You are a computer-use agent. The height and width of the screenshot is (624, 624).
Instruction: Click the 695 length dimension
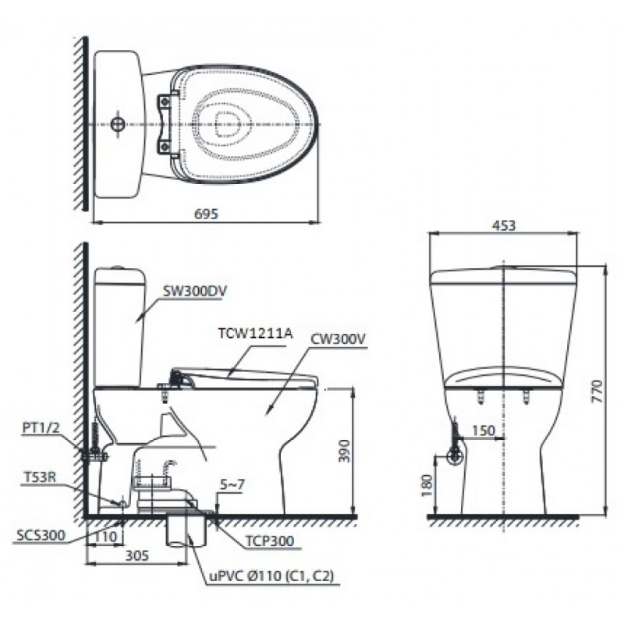click(x=206, y=214)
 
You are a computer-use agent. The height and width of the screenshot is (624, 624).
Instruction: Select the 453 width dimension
click(x=503, y=225)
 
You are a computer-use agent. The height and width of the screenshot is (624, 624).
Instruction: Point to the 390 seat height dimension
click(x=344, y=451)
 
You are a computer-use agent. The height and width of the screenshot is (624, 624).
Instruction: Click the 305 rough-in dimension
click(x=137, y=555)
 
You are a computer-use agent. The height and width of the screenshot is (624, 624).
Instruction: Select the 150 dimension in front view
click(x=484, y=431)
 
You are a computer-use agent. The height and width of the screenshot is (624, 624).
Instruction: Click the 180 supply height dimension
click(x=427, y=484)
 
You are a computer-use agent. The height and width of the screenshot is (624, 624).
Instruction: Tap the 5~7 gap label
click(x=232, y=484)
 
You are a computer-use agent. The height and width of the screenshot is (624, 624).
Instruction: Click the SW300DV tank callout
click(x=194, y=291)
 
